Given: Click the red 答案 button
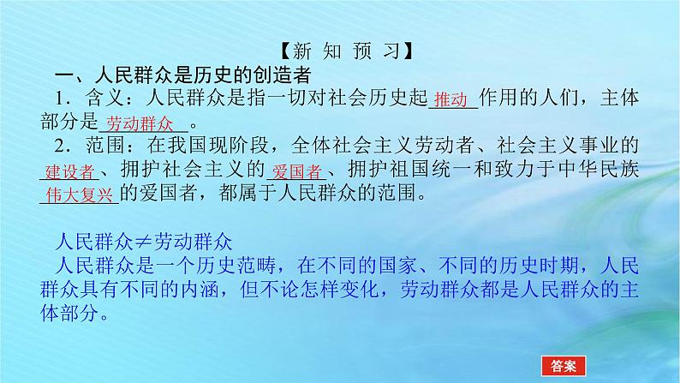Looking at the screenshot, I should [562, 365].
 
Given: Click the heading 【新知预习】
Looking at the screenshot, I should [341, 52].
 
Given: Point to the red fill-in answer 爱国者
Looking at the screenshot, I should [294, 171].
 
